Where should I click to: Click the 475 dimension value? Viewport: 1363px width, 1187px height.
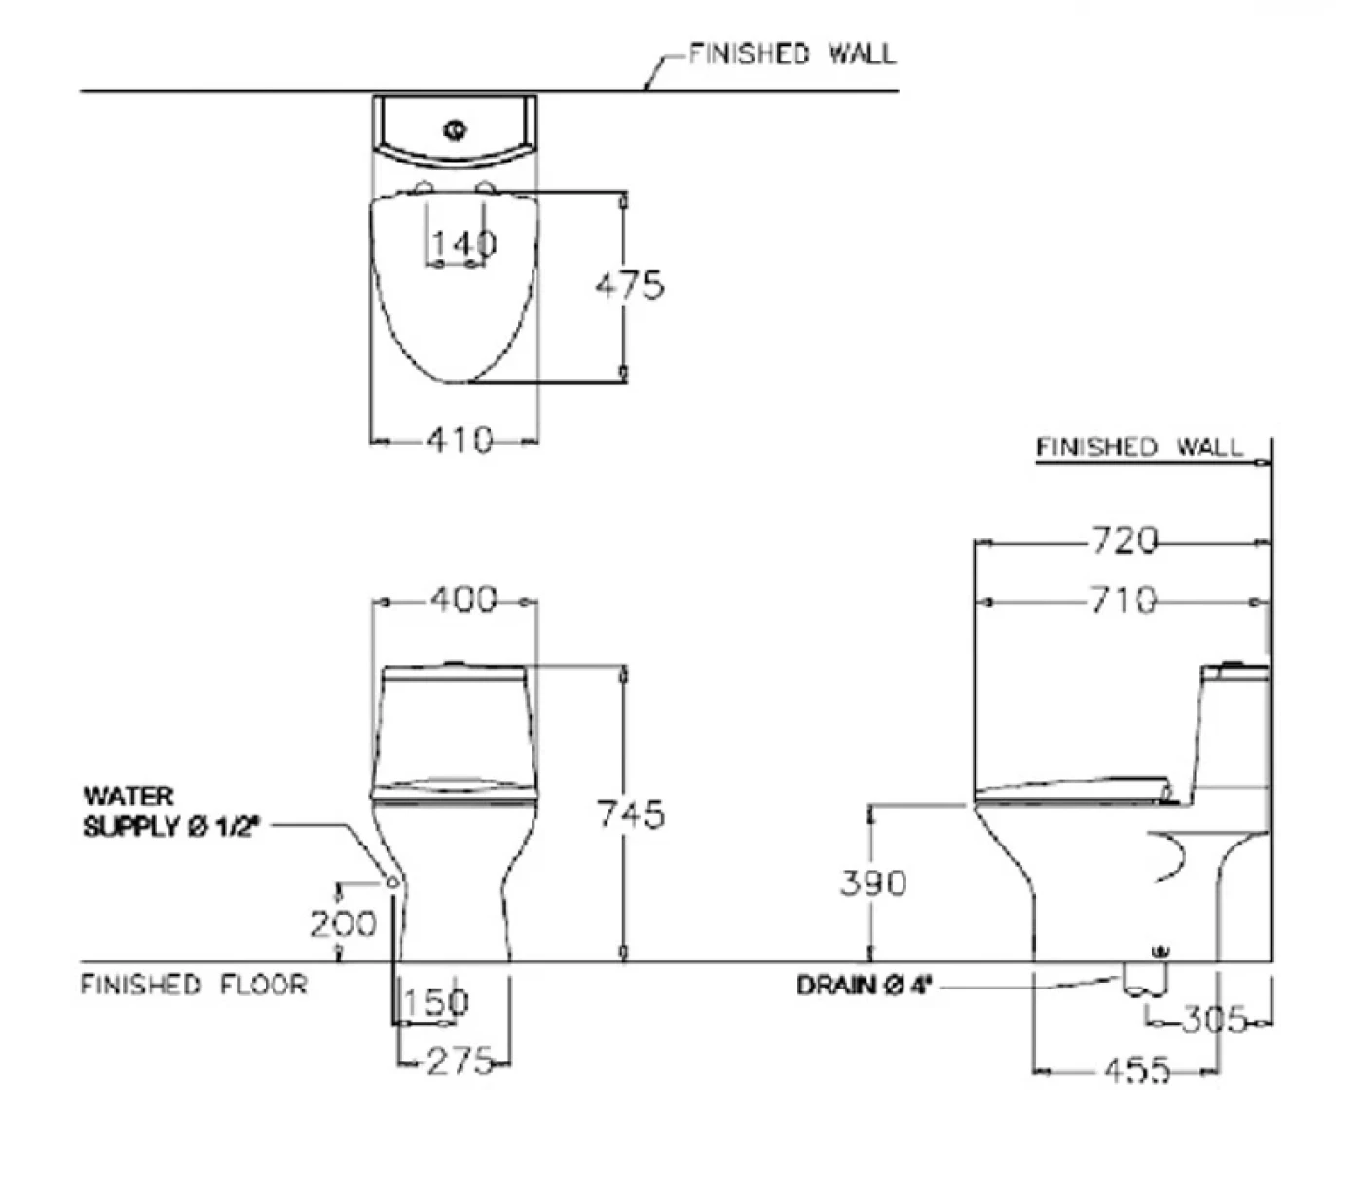(x=630, y=285)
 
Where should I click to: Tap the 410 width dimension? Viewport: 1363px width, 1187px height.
(x=460, y=440)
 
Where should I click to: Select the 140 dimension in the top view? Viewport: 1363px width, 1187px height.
(x=464, y=243)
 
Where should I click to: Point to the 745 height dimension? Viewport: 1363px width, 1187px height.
(x=631, y=813)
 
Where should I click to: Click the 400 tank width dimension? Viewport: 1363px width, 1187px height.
(x=463, y=598)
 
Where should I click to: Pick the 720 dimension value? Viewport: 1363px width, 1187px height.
(x=1124, y=540)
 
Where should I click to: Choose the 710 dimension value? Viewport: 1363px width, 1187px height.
(x=1124, y=599)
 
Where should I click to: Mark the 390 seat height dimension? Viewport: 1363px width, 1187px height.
(x=873, y=882)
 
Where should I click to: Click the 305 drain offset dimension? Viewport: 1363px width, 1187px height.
(x=1213, y=1020)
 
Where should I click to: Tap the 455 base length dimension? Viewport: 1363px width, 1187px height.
(x=1137, y=1070)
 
